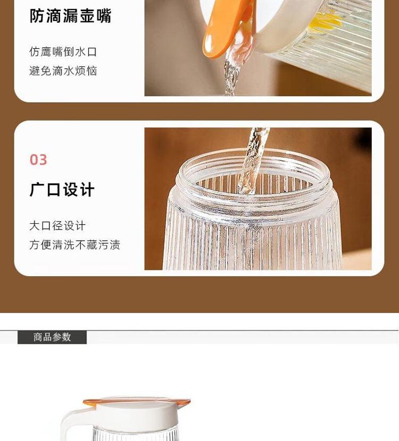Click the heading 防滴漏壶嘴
click(70, 16)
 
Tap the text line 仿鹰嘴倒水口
click(63, 52)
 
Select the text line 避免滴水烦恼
click(63, 71)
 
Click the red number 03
click(38, 160)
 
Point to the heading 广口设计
click(62, 190)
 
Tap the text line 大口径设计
click(57, 226)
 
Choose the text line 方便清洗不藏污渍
click(74, 245)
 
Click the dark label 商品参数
click(52, 337)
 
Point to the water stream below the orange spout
click(231, 73)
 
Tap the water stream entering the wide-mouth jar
click(252, 160)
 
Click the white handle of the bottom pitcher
click(70, 422)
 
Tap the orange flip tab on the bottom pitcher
click(136, 401)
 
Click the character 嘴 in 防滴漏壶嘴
click(104, 16)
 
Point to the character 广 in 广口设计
click(37, 190)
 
